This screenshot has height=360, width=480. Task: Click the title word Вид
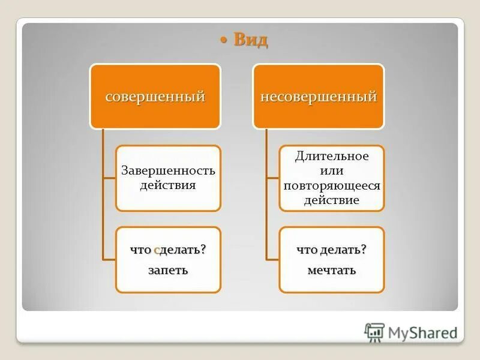pos(251,40)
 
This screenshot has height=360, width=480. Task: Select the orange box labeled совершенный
pos(155,97)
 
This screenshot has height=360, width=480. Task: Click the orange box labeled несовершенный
pos(318,97)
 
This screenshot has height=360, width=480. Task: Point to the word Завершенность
pos(168,171)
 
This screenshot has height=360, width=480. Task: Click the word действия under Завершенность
pos(168,185)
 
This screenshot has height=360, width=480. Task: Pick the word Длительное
pos(331,157)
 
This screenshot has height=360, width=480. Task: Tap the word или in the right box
pos(331,171)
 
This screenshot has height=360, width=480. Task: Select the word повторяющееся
pos(331,185)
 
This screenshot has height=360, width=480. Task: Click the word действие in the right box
pos(331,200)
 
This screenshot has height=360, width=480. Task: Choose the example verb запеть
pos(168,270)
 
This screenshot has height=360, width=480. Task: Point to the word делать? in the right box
pos(343,250)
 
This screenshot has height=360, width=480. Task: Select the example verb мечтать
pos(331,270)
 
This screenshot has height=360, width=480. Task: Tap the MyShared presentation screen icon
pos(374,332)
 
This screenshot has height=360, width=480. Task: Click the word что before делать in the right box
pos(307,250)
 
